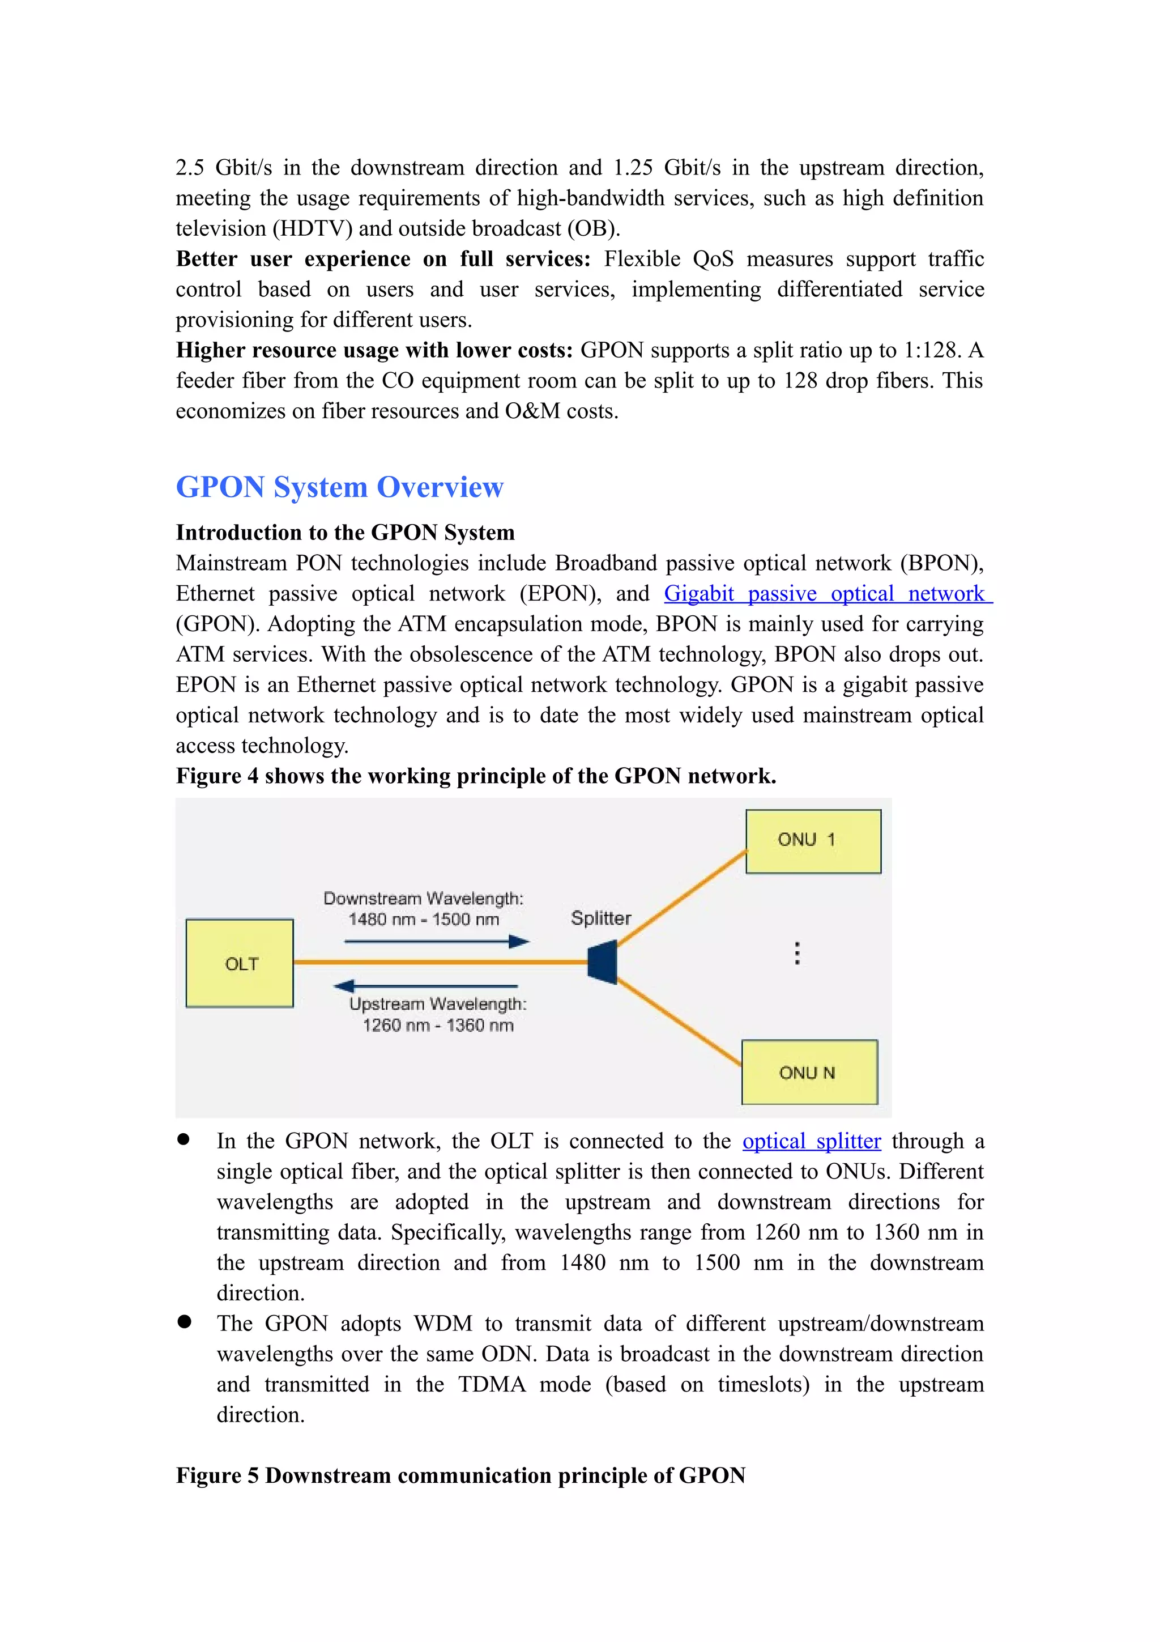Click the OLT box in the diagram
[240, 963]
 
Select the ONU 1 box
[813, 841]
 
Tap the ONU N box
[809, 1072]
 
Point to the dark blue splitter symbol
[603, 963]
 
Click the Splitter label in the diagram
[601, 918]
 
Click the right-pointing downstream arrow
[437, 942]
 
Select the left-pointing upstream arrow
[426, 986]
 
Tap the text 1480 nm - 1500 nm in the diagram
[424, 920]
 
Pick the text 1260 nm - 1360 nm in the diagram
[437, 1026]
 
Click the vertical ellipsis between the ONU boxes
[797, 954]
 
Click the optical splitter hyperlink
[811, 1141]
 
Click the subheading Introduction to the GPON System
[345, 533]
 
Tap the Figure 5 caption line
[461, 1475]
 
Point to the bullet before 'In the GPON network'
[185, 1140]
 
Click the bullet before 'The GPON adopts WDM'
[185, 1322]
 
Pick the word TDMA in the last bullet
[492, 1385]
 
